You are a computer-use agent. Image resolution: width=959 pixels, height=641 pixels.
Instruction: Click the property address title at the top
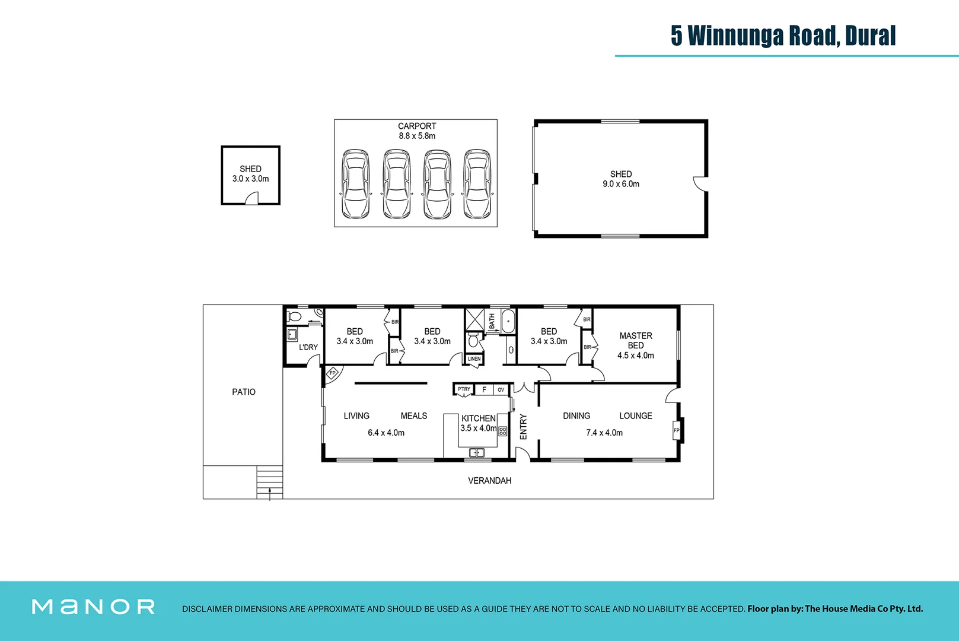point(783,36)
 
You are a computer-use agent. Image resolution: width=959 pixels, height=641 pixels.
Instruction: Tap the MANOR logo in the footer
point(93,607)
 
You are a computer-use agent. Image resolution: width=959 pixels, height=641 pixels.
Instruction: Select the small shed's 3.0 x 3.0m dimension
point(250,179)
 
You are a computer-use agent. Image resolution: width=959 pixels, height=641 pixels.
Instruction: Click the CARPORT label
point(416,126)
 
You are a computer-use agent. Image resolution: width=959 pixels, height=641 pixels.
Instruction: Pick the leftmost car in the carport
point(355,184)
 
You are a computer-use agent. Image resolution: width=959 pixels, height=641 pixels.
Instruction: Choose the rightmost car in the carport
point(477,184)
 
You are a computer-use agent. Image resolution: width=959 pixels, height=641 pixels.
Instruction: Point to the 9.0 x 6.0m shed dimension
point(621,184)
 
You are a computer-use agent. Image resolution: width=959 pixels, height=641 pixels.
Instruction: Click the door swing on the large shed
point(700,184)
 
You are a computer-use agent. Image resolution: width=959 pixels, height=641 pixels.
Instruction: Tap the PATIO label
point(244,392)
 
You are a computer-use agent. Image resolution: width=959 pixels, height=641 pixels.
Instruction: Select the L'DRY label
point(308,347)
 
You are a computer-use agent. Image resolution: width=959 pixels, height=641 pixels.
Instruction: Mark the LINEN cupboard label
point(474,359)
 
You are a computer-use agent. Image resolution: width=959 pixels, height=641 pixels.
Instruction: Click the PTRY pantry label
point(464,389)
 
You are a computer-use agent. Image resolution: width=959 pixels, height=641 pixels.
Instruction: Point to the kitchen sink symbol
point(477,453)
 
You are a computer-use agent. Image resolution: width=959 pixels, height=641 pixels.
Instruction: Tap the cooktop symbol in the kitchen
point(503,431)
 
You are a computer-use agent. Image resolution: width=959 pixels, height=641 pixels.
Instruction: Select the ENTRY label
point(523,427)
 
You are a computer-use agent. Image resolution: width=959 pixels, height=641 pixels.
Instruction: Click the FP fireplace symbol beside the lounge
point(676,430)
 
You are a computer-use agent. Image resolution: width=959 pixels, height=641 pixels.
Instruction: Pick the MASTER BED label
point(635,340)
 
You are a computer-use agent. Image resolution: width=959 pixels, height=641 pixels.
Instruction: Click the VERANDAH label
point(489,480)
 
